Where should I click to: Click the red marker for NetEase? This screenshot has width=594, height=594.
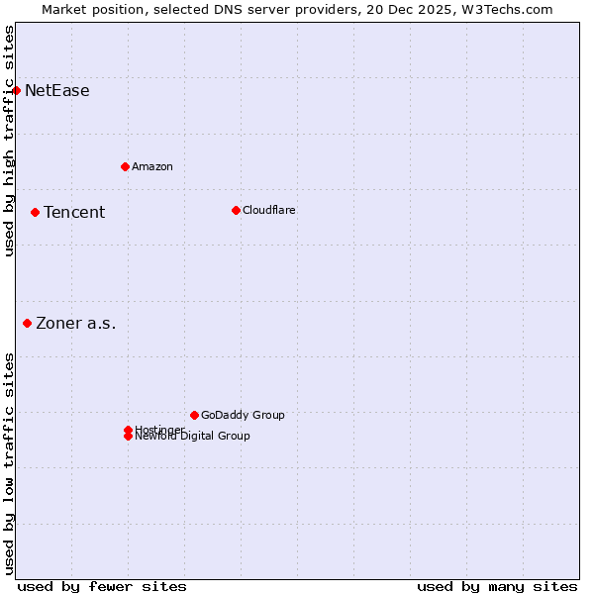[16, 90]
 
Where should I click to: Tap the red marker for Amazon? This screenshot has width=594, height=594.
[125, 166]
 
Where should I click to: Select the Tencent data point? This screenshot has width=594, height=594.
[35, 212]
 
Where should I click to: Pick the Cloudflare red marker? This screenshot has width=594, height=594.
[236, 210]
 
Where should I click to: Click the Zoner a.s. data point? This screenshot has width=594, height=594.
[27, 323]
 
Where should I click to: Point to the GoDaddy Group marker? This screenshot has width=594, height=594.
[194, 415]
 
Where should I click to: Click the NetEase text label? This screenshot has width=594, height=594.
[57, 91]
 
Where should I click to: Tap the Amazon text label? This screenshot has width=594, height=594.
[152, 166]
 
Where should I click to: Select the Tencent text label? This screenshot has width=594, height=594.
[74, 213]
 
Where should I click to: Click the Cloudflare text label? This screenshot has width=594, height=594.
[269, 210]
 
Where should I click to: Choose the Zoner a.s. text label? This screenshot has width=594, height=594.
[76, 324]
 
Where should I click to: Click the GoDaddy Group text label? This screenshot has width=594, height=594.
[243, 415]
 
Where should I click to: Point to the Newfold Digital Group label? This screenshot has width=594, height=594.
[193, 437]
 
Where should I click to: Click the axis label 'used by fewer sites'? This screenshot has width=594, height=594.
[102, 586]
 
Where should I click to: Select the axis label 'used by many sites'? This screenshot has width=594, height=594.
[497, 586]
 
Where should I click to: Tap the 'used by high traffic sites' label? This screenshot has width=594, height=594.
[9, 141]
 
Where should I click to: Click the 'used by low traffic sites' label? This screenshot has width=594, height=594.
[9, 463]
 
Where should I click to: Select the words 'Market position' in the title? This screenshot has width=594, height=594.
[87, 9]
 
